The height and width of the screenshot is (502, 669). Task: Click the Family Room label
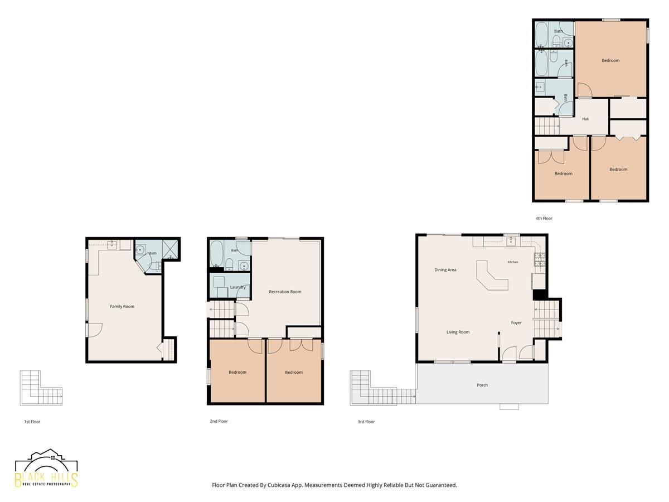tap(122, 306)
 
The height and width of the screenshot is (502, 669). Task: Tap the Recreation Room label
tap(285, 292)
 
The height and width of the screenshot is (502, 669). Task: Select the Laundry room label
tap(237, 287)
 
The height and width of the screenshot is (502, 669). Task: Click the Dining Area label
tap(445, 270)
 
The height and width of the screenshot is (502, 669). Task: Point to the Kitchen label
tap(513, 262)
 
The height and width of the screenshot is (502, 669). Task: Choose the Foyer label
tap(516, 322)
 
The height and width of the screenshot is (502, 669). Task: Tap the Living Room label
tap(458, 332)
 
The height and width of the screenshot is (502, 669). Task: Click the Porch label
tap(482, 385)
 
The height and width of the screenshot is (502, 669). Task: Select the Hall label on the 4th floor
tap(585, 119)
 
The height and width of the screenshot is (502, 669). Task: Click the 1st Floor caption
tap(32, 422)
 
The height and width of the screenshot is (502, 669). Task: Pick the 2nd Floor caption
tap(219, 421)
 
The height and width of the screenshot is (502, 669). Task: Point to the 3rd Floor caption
tap(366, 422)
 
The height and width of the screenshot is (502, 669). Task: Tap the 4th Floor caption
tap(544, 218)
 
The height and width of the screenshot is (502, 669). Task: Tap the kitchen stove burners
tap(540, 259)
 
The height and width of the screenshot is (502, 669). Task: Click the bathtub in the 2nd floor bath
tap(217, 254)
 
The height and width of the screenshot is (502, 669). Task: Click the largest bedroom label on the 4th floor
tap(610, 60)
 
